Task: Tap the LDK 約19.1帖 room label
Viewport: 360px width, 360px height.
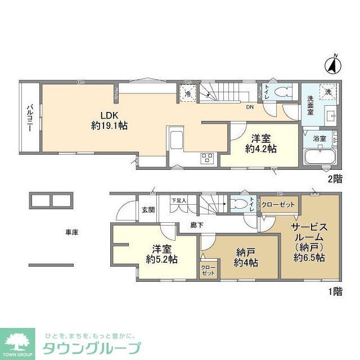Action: tap(110, 120)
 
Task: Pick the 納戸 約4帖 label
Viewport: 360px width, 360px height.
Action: tap(246, 258)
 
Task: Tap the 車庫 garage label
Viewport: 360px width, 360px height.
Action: tap(71, 232)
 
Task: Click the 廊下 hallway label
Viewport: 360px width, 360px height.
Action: tap(189, 224)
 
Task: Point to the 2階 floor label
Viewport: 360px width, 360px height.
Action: tap(335, 179)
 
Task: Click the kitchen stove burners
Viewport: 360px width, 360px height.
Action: tap(206, 157)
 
